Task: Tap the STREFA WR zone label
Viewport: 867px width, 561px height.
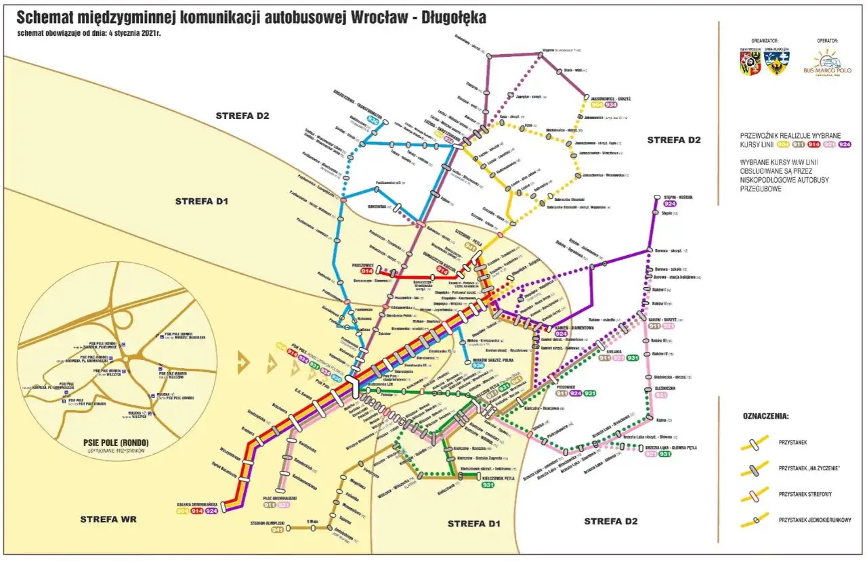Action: click(108, 519)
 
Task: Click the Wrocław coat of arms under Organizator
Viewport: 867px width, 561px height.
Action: click(748, 63)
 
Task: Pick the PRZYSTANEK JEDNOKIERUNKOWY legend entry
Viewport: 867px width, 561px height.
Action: click(815, 520)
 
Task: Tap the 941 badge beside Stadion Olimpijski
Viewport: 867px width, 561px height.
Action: click(277, 530)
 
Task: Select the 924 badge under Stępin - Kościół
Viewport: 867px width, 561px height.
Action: click(670, 204)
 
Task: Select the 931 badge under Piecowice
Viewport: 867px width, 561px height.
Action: click(590, 393)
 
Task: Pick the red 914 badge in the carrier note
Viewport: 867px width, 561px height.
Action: click(811, 144)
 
